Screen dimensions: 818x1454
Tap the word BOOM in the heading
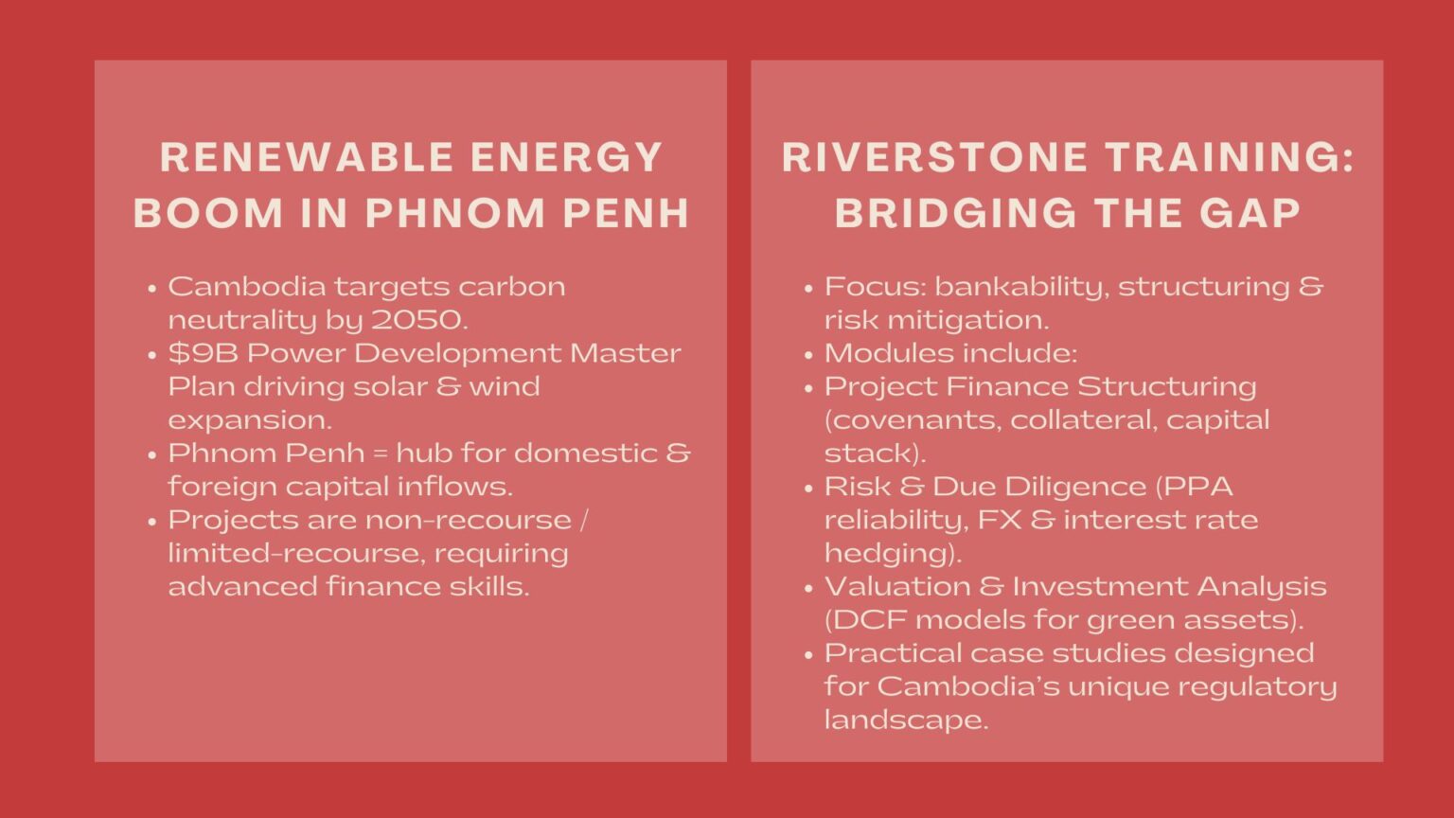208,213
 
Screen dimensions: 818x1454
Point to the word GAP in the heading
1250,213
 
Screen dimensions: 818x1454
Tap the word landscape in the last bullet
906,720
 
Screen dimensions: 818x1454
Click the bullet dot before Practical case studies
808,654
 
